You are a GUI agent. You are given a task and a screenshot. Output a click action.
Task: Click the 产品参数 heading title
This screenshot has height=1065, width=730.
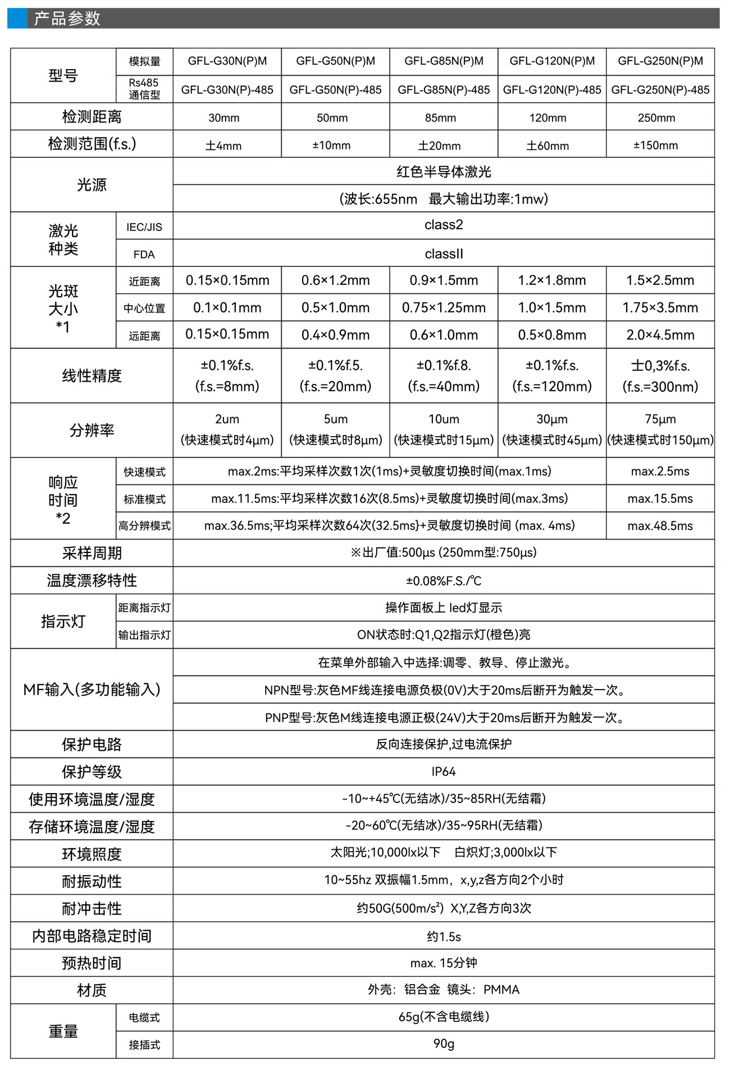67,19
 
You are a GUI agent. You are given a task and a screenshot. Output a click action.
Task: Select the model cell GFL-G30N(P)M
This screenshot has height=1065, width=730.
227,61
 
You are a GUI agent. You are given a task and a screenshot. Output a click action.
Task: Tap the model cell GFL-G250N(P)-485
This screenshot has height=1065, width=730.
660,90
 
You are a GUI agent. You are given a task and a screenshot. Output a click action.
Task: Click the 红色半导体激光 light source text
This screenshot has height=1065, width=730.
444,172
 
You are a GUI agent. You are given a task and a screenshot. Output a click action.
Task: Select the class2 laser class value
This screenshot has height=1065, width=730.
444,225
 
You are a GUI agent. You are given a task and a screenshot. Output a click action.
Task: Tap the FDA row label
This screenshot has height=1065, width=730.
144,255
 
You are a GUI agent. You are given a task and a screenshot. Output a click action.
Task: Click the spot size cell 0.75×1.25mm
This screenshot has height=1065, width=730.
444,307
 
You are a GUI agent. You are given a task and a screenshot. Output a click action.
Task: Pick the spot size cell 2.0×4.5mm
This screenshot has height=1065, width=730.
660,335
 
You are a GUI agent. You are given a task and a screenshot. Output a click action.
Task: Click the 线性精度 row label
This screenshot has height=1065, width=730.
92,375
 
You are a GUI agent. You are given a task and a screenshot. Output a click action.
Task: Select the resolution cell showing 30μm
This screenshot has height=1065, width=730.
552,419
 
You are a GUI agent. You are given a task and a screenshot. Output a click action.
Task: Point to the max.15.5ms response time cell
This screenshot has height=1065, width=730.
660,498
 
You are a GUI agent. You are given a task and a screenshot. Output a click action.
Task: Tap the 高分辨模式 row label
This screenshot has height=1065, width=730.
144,526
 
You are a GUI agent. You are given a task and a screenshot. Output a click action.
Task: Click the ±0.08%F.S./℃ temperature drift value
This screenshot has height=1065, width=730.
444,581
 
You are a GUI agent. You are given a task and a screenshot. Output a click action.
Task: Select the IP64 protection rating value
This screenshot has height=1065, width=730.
444,772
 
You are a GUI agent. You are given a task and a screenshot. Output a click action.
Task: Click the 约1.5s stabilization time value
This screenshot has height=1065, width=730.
444,936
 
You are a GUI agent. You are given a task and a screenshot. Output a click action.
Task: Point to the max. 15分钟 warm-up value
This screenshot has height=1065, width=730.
444,963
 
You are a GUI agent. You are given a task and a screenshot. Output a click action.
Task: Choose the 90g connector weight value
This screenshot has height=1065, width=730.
444,1044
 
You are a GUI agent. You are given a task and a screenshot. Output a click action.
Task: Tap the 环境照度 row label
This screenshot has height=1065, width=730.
92,854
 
